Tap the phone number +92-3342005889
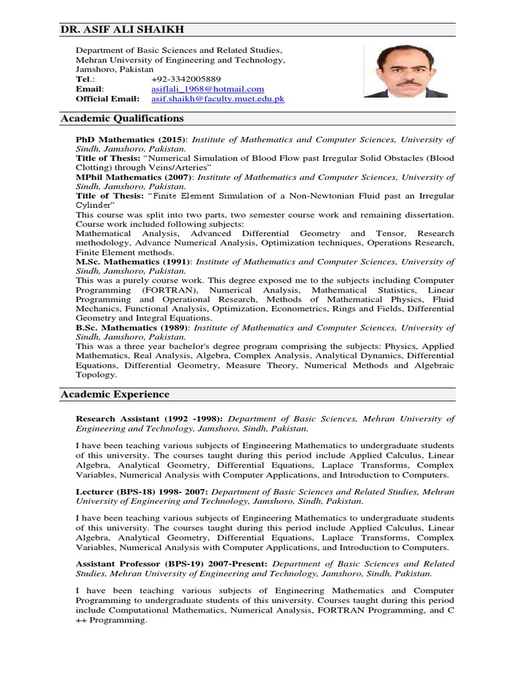coord(186,79)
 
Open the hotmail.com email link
coord(208,89)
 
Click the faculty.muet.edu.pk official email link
coord(218,99)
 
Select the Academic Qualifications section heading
coord(122,118)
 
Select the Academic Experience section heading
coord(115,394)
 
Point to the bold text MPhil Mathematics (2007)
coord(133,177)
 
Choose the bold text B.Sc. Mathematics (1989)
coord(132,327)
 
